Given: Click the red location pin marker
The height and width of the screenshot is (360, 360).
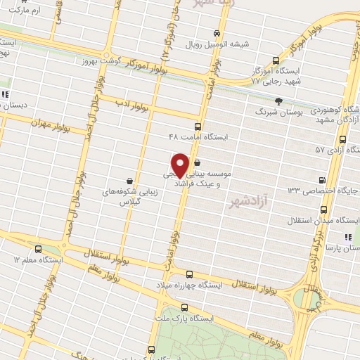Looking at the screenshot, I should pos(181,165).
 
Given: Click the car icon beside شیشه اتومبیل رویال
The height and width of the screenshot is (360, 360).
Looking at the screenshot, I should pos(218,33).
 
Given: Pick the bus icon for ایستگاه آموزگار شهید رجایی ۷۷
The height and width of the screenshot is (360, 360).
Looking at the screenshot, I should pos(275,60).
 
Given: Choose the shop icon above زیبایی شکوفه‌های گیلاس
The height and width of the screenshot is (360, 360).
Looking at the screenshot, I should pos(129,181).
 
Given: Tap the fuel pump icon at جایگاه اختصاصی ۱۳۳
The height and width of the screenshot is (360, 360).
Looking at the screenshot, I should pos(322,180).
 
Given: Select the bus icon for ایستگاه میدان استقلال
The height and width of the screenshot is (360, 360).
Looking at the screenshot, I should pos(323,210).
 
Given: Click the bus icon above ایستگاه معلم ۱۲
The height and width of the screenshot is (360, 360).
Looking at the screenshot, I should pos(37,249).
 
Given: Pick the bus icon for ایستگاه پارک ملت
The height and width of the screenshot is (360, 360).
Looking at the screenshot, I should pos(184,307).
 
